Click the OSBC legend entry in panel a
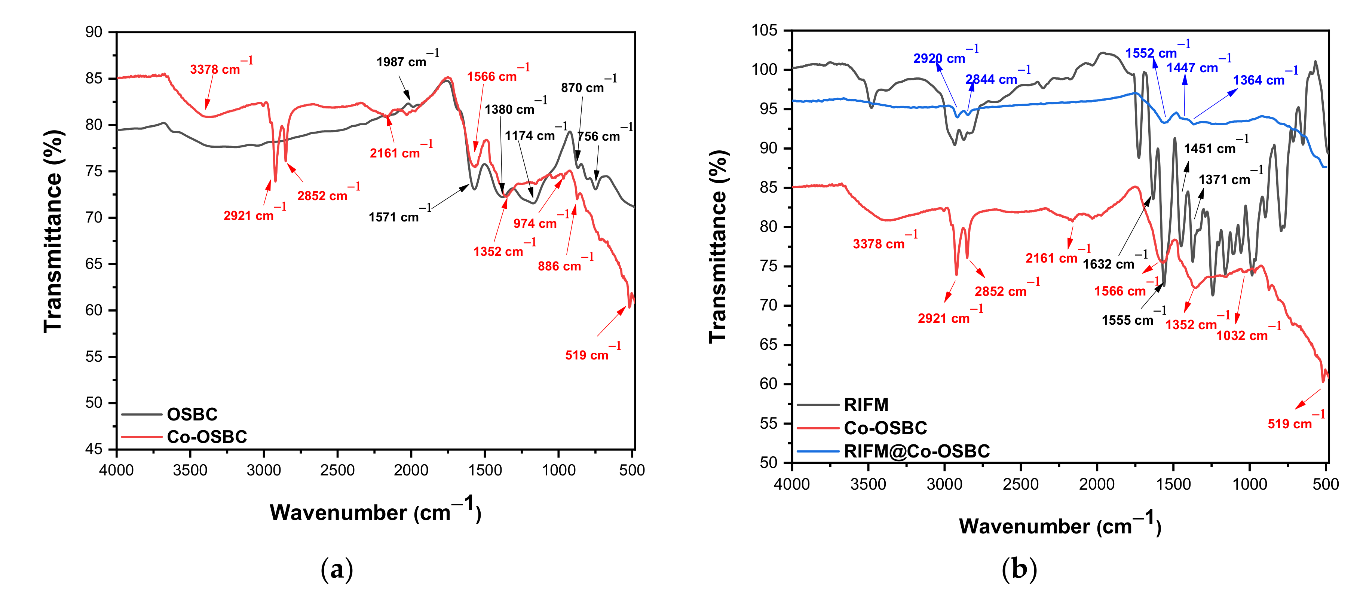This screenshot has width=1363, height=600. [192, 414]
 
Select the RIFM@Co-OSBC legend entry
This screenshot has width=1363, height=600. [916, 451]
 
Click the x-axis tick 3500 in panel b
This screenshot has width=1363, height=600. [868, 484]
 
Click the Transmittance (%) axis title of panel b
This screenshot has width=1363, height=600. [719, 246]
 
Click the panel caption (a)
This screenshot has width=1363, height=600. [337, 569]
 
